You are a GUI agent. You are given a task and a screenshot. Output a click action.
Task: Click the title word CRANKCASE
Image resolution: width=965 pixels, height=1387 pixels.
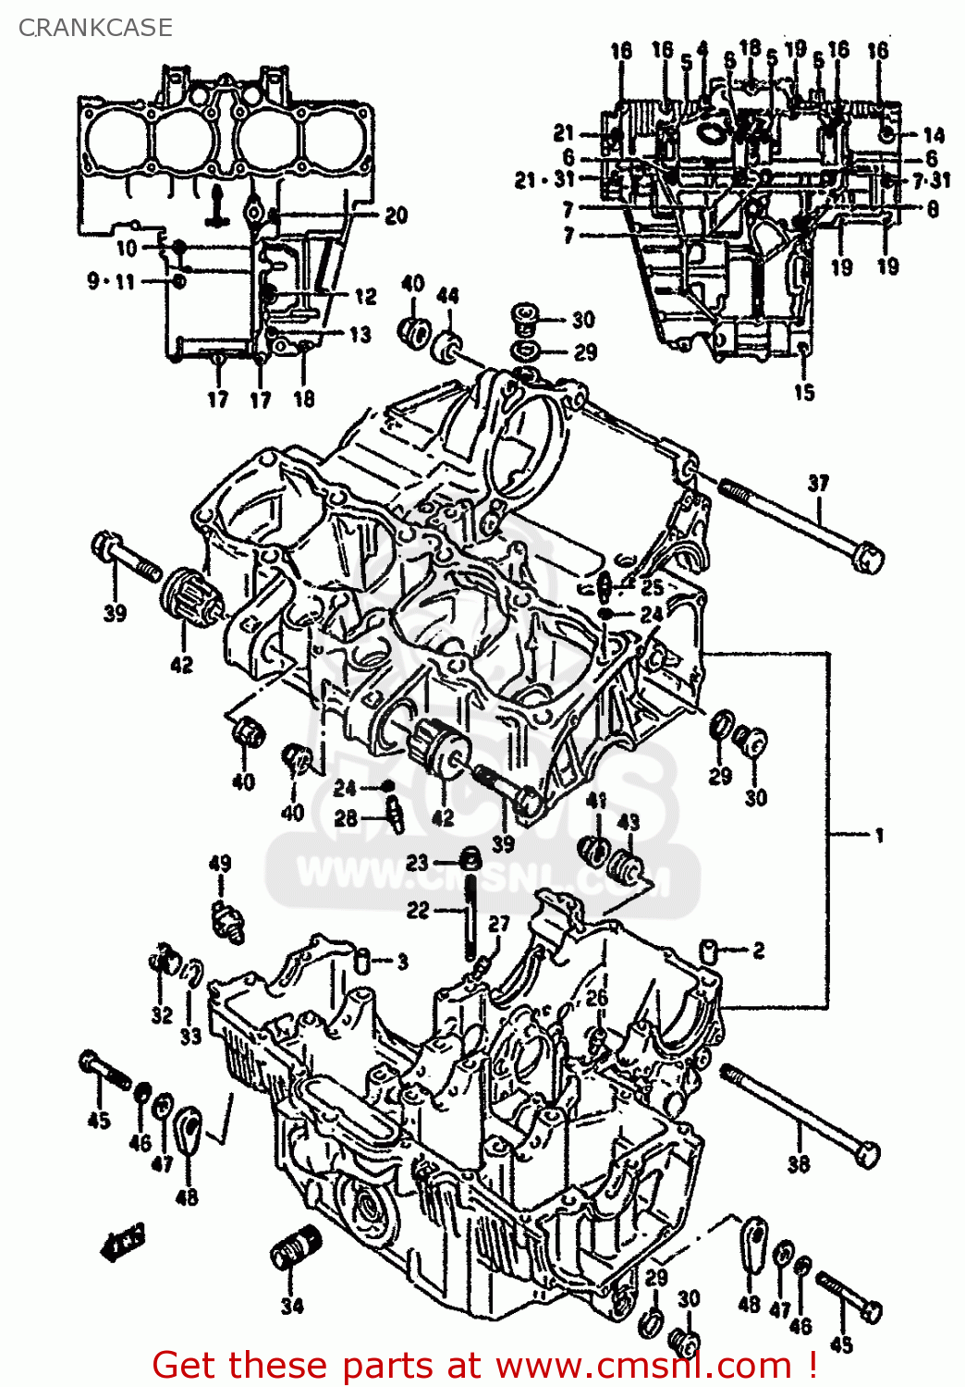click(x=95, y=28)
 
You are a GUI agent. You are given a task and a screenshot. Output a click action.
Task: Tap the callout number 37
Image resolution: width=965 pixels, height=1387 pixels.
click(x=818, y=483)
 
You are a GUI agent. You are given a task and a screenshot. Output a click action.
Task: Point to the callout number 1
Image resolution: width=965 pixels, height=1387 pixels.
click(x=879, y=835)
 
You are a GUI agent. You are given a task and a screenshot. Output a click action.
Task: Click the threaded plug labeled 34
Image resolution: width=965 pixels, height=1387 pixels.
click(x=295, y=1249)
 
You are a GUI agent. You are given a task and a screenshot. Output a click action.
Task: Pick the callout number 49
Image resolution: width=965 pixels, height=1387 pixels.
click(x=220, y=864)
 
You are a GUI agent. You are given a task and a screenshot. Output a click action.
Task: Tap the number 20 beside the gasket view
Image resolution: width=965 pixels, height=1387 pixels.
click(x=396, y=215)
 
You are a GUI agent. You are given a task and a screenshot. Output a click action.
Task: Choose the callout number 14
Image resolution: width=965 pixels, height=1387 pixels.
click(x=934, y=135)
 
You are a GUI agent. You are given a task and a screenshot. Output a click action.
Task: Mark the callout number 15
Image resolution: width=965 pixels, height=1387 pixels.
click(x=804, y=392)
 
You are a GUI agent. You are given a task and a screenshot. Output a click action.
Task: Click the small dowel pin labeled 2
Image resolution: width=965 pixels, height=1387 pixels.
click(x=710, y=949)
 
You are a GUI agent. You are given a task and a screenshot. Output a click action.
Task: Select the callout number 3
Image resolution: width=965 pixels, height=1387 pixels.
click(x=403, y=962)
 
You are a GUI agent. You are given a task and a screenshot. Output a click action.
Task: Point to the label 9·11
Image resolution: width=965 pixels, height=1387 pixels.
click(x=111, y=281)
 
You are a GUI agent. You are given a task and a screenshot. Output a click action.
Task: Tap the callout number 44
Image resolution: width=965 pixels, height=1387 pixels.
click(x=447, y=296)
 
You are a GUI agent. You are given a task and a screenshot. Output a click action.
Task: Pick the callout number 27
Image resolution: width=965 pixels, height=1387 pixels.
click(x=499, y=924)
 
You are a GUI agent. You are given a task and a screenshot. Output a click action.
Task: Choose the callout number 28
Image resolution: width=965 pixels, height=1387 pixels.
click(x=346, y=817)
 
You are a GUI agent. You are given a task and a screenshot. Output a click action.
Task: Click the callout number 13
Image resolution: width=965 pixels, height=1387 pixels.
click(x=360, y=334)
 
